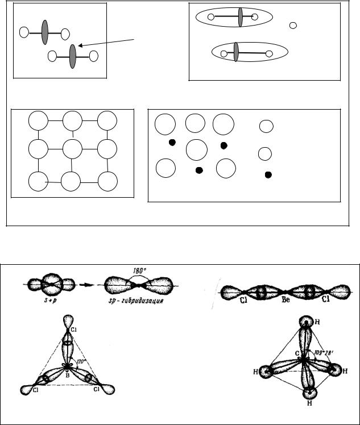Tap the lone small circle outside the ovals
293,26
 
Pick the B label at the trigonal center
67,375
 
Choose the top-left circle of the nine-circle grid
38,121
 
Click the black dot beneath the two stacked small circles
268,174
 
